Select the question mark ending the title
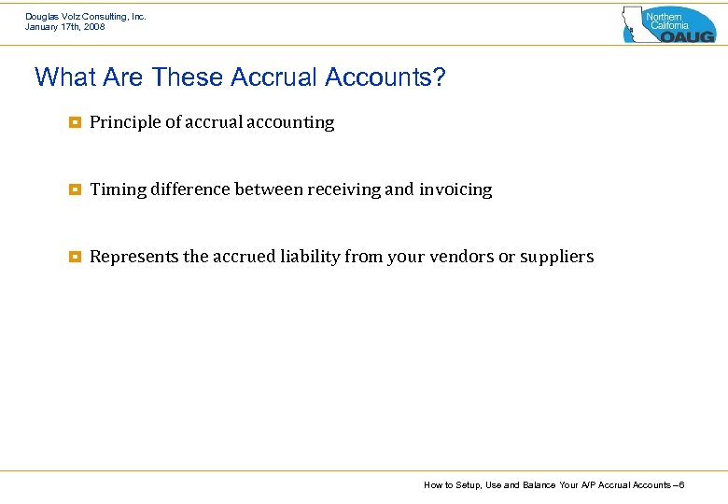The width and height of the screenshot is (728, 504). [440, 77]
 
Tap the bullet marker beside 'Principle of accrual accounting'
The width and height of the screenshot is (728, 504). [74, 122]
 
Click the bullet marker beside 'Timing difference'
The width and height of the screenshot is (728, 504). [74, 189]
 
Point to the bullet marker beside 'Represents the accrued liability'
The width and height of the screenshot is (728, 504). [74, 257]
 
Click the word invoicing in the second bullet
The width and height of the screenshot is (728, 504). [455, 189]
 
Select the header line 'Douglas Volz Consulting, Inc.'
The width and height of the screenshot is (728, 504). [86, 17]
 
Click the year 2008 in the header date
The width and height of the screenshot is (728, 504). [93, 27]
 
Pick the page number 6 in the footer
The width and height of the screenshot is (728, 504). [682, 485]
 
